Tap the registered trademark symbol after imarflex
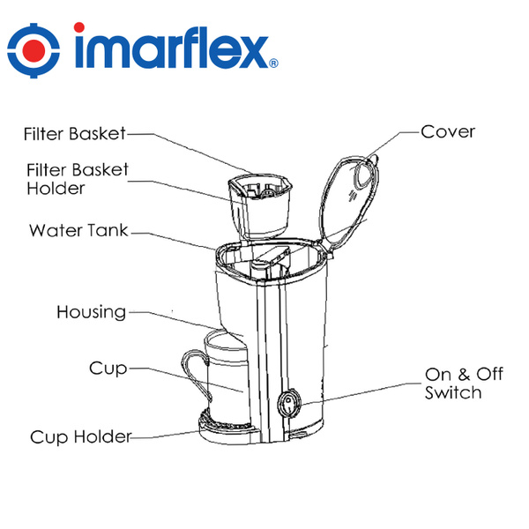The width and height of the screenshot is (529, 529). pos(274,64)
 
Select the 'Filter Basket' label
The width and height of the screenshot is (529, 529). pos(75,134)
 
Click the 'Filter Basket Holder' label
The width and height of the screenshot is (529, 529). pos(78,178)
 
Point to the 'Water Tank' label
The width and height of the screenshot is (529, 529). pos(78,231)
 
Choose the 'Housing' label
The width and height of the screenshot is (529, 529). pos(91,312)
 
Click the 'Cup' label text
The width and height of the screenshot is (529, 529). pos(108,367)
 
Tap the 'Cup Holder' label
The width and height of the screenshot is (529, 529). pos(80,437)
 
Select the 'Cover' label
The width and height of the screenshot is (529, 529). pos(448,132)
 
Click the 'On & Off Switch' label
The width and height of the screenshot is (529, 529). pos(464,384)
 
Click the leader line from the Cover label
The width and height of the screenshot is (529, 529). pos(397,137)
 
